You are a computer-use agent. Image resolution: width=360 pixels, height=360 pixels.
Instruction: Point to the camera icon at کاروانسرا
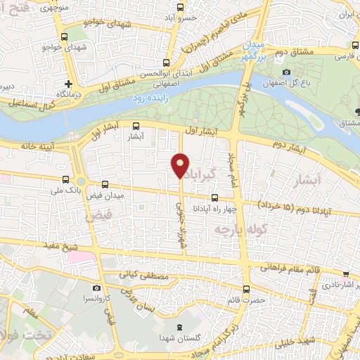tap(96, 288)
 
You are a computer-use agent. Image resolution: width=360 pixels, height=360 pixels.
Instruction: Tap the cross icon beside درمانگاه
tap(69, 83)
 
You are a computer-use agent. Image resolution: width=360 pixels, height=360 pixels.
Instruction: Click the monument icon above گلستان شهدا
tap(180, 327)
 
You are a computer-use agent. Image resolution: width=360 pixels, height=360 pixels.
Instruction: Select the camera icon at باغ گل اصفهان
tap(285, 72)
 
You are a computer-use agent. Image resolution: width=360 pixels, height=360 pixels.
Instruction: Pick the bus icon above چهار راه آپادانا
tap(214, 199)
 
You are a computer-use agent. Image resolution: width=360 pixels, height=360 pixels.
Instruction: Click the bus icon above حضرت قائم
tap(246, 289)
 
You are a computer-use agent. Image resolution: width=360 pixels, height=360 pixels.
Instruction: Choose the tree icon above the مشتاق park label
tap(357, 111)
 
